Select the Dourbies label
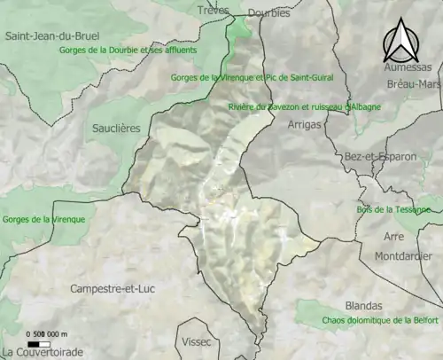tap(269, 12)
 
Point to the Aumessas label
tap(408, 67)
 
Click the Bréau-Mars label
tap(413, 84)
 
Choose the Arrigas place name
tap(305, 125)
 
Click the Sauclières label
tap(116, 129)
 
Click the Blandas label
tap(365, 305)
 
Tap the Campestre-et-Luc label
tap(112, 289)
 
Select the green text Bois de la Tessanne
tap(393, 210)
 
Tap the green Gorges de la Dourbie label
tap(140, 51)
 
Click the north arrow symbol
tap(402, 40)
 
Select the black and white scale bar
tap(38, 343)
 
